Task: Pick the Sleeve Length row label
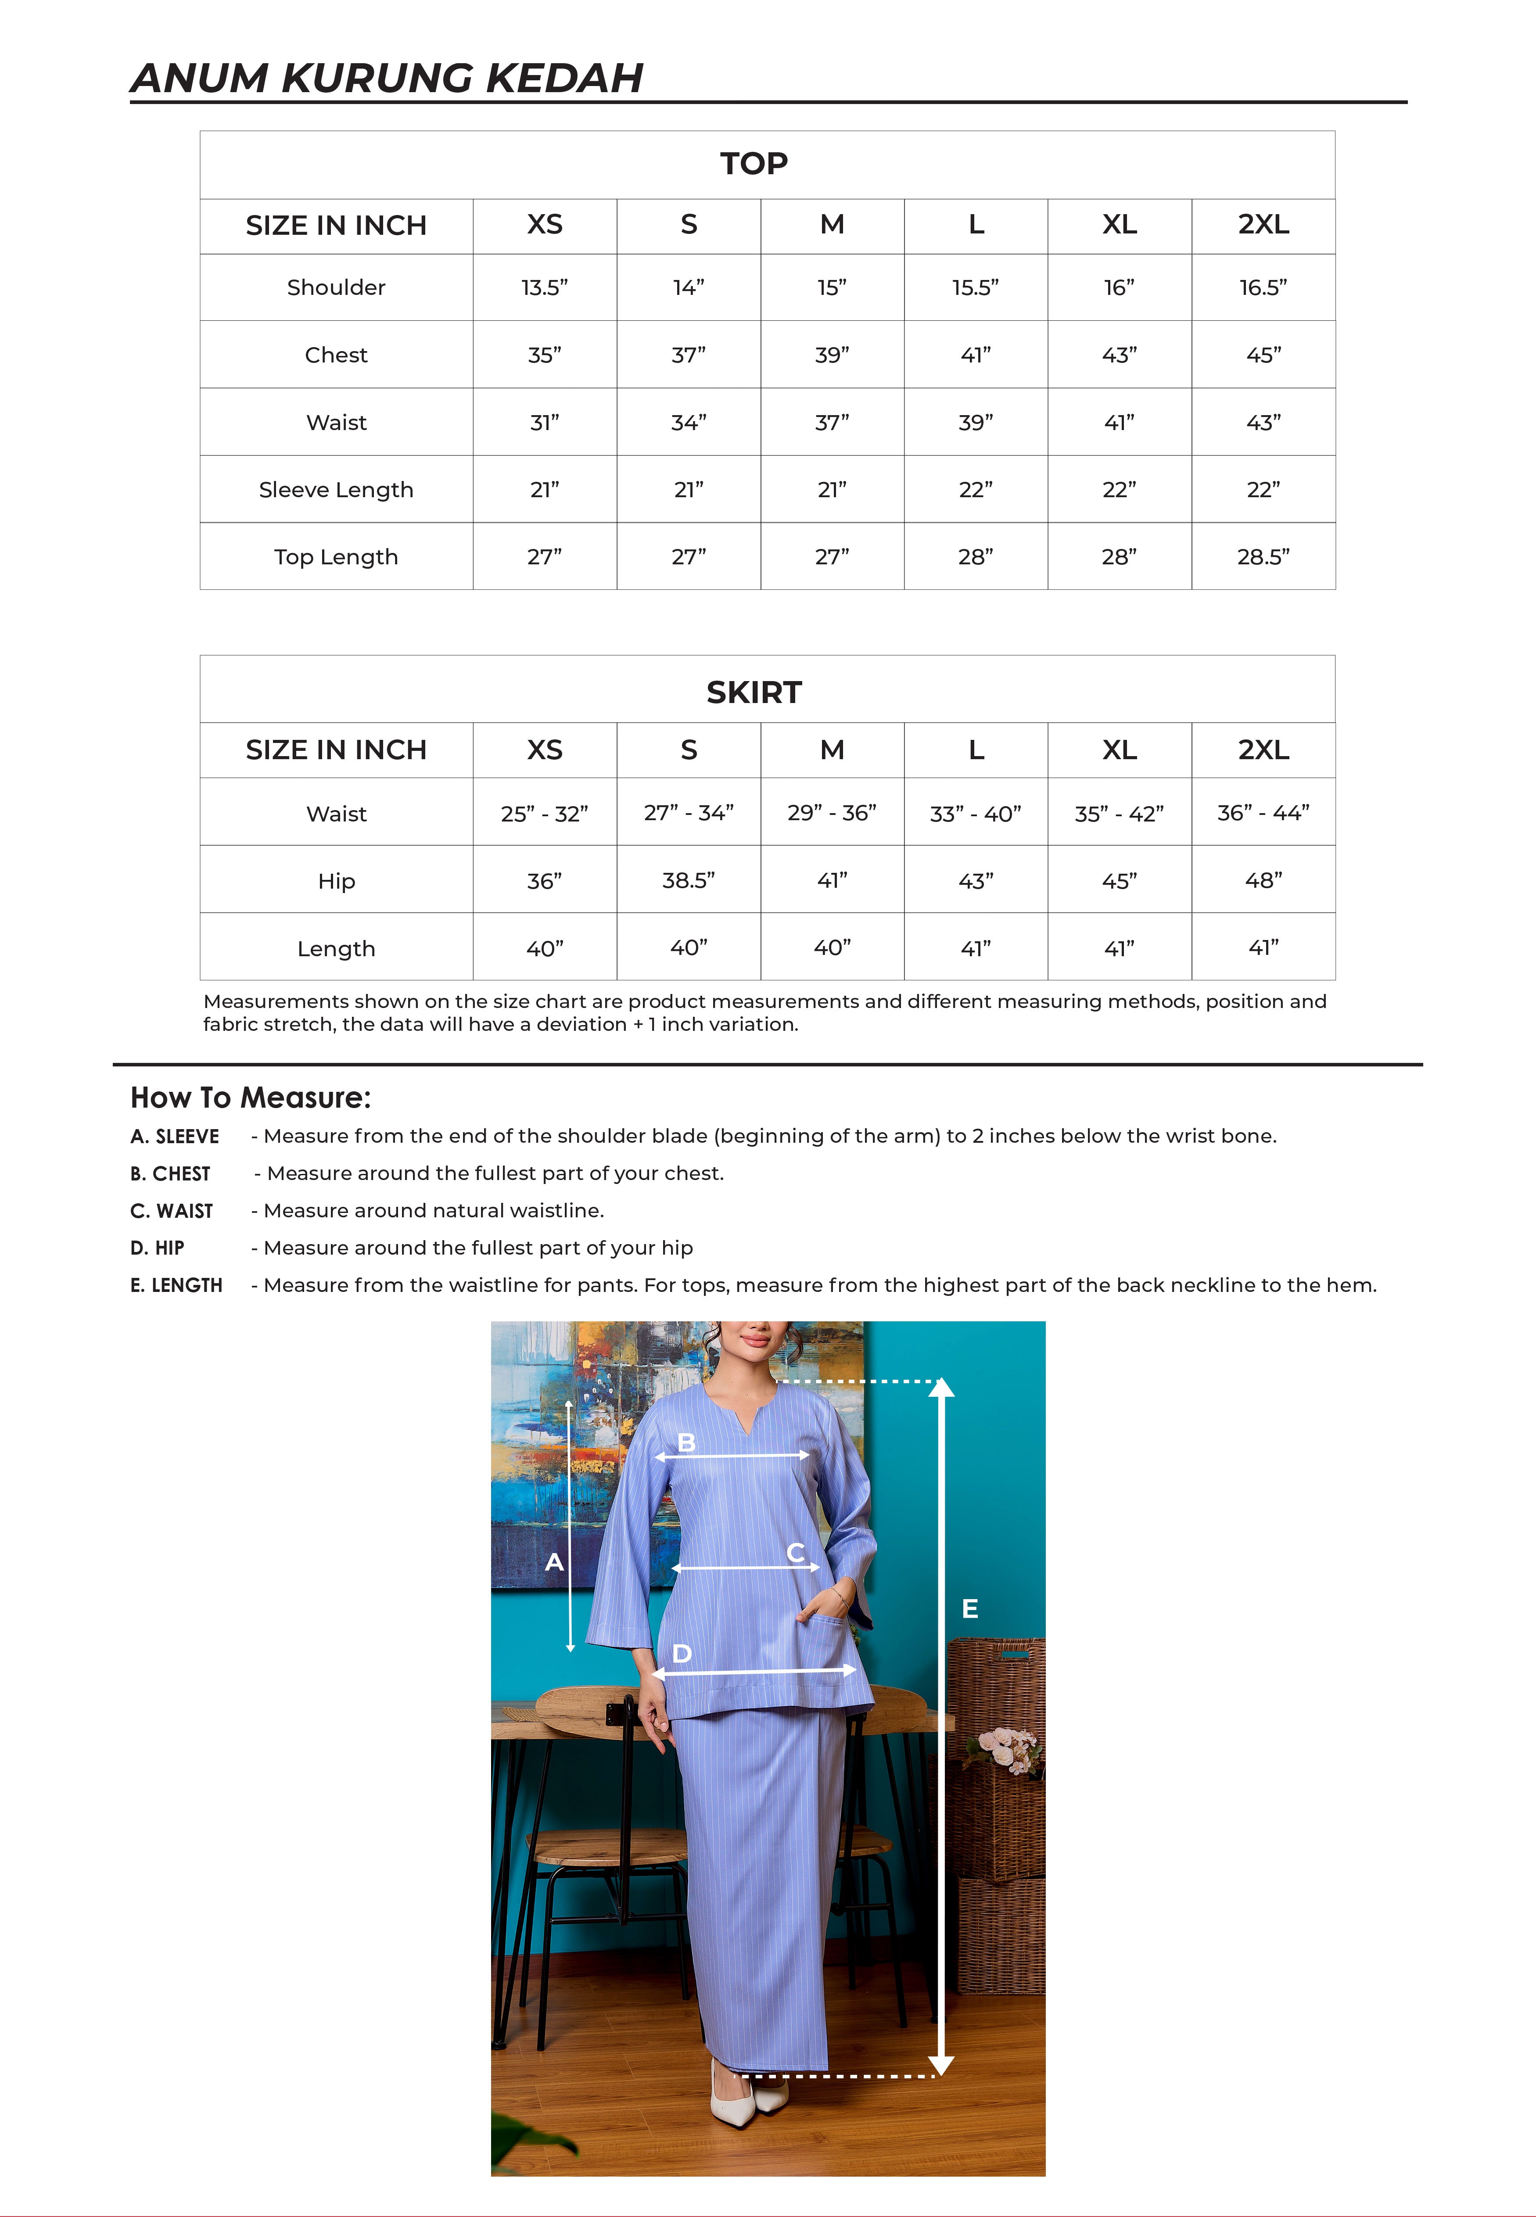tap(336, 490)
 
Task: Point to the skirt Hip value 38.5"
tap(688, 880)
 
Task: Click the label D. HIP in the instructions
tap(157, 1248)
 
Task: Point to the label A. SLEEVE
tap(174, 1137)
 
